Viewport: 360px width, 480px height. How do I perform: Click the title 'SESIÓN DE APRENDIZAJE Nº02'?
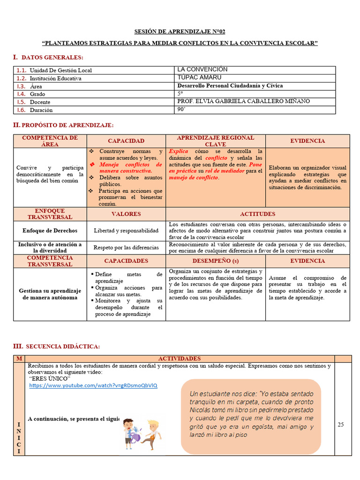(x=180, y=32)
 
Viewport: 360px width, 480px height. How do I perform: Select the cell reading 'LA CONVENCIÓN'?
(x=195, y=69)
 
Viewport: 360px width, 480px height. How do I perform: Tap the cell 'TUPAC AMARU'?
(x=193, y=77)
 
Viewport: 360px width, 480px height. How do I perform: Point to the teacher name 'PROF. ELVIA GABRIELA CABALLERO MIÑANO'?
(x=243, y=101)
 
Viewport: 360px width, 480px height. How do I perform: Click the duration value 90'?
(x=181, y=109)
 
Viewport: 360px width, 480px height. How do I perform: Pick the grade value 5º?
(x=180, y=93)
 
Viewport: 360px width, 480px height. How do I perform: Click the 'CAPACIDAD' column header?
(x=126, y=141)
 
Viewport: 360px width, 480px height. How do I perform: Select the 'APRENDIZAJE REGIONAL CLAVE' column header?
(x=215, y=141)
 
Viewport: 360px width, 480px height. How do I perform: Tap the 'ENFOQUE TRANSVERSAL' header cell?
(x=50, y=214)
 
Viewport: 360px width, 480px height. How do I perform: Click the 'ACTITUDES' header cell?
(x=257, y=214)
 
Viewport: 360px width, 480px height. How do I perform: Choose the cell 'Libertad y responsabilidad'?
(x=126, y=231)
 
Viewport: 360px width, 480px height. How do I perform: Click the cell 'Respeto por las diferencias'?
(x=126, y=247)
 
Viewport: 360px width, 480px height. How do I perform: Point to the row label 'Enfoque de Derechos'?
(x=50, y=231)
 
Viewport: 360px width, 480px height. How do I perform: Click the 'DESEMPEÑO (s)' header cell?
(x=215, y=261)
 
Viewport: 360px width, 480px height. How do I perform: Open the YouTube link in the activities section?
(x=93, y=385)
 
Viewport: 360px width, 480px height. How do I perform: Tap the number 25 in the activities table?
(x=341, y=424)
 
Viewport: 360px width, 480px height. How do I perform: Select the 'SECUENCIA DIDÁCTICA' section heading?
(x=62, y=346)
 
